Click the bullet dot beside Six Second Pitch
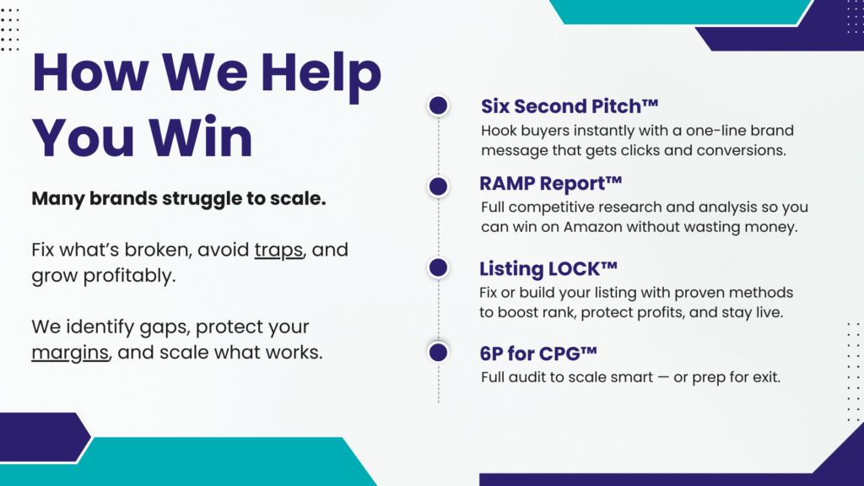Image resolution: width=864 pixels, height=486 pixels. (x=438, y=105)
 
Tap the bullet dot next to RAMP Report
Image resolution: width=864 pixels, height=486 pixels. (x=438, y=186)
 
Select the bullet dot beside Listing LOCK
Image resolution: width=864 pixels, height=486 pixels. (x=438, y=267)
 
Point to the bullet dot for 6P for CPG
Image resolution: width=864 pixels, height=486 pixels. (x=438, y=352)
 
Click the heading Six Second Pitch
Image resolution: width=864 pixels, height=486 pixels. (x=570, y=105)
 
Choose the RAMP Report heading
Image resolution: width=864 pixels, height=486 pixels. (x=550, y=183)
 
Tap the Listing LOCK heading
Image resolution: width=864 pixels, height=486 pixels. (x=548, y=268)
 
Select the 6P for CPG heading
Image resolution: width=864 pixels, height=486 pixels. (x=538, y=354)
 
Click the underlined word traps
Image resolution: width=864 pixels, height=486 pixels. (x=278, y=250)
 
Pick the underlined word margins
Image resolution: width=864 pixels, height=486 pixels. (x=70, y=353)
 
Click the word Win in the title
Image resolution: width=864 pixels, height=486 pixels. (x=201, y=138)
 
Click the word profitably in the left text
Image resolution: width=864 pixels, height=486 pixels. (x=129, y=276)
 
